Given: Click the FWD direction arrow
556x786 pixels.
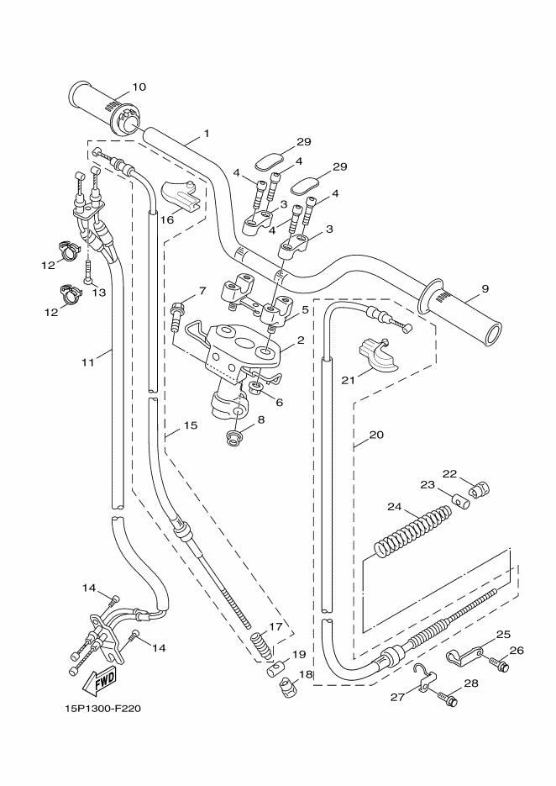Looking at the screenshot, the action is pyautogui.click(x=100, y=682).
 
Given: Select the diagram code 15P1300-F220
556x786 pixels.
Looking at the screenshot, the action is pyautogui.click(x=102, y=709).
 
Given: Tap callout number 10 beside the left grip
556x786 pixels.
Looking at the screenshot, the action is pyautogui.click(x=139, y=87).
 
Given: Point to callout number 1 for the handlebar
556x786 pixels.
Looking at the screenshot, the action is pyautogui.click(x=207, y=134).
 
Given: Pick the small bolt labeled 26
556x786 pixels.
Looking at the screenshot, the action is pyautogui.click(x=501, y=666).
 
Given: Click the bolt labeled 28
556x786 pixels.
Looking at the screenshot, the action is pyautogui.click(x=448, y=699).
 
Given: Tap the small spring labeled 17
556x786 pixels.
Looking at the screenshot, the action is pyautogui.click(x=262, y=646).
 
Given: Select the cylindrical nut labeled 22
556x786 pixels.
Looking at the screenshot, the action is pyautogui.click(x=480, y=488).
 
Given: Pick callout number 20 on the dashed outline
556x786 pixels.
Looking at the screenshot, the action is pyautogui.click(x=376, y=435).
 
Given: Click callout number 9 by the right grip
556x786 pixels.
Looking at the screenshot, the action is pyautogui.click(x=485, y=288).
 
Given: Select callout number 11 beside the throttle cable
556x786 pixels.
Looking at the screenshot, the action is pyautogui.click(x=88, y=361).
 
